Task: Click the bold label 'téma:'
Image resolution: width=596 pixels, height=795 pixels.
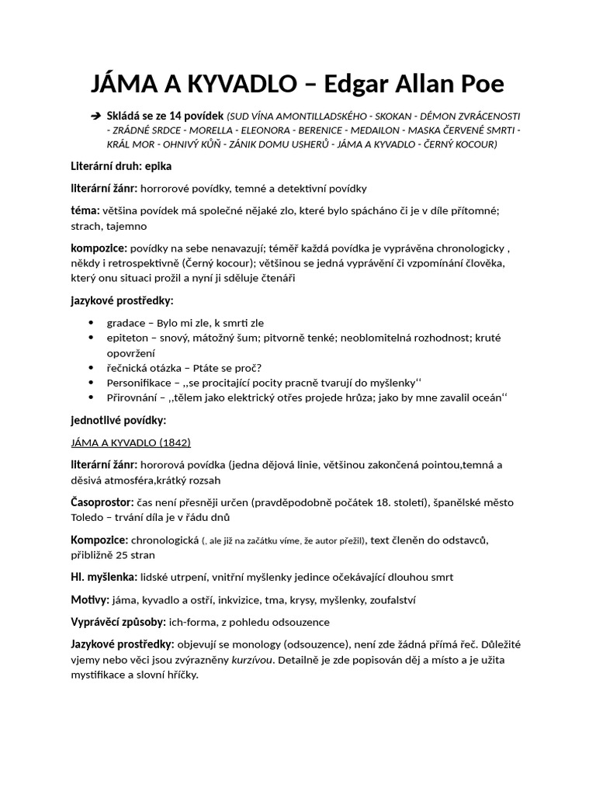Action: [x=85, y=210]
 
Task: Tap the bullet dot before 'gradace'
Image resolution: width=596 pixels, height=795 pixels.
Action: [x=93, y=322]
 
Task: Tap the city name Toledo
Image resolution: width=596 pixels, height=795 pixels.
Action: [x=89, y=518]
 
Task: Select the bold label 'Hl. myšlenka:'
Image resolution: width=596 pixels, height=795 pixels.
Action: [x=104, y=577]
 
